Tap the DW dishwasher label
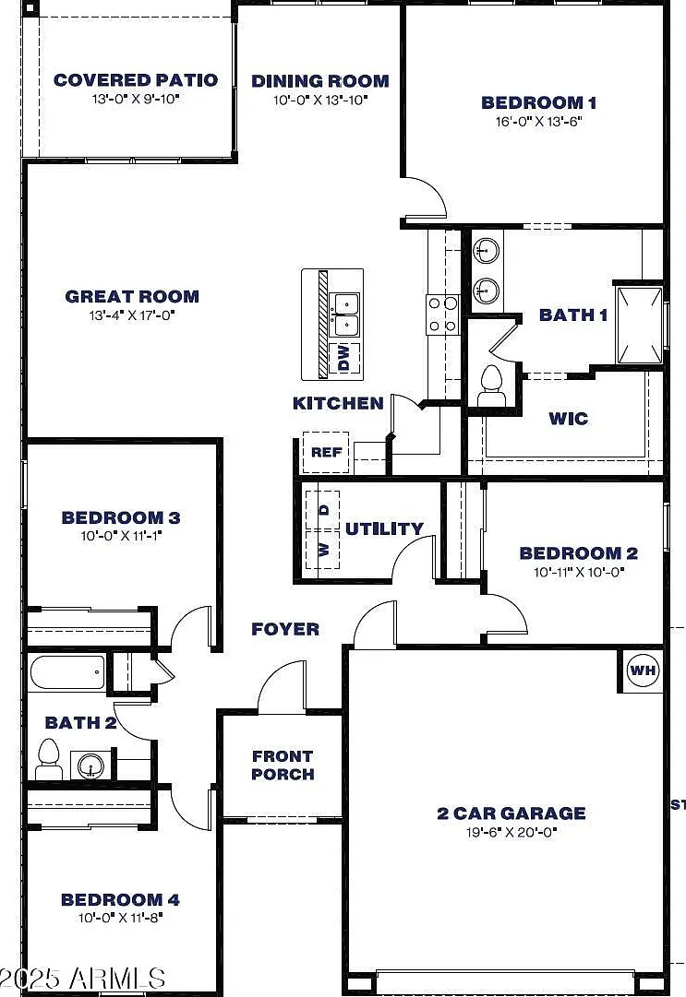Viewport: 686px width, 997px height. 344,358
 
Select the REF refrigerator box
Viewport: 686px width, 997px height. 326,452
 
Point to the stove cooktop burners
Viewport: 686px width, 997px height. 442,315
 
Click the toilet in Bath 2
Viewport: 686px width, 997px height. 48,759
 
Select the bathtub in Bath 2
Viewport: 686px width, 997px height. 66,672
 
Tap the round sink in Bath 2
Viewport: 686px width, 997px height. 91,766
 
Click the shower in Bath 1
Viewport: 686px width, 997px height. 639,325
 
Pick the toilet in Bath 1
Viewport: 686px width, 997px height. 491,386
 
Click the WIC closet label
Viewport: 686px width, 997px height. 568,419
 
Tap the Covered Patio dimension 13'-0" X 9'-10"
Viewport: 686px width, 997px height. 136,99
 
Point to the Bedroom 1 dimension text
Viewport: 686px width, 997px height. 539,121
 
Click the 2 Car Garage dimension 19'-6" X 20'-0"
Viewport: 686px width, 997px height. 511,832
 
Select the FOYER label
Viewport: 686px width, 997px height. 285,629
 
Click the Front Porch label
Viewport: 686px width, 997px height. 283,765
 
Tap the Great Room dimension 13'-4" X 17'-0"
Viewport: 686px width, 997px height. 132,315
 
